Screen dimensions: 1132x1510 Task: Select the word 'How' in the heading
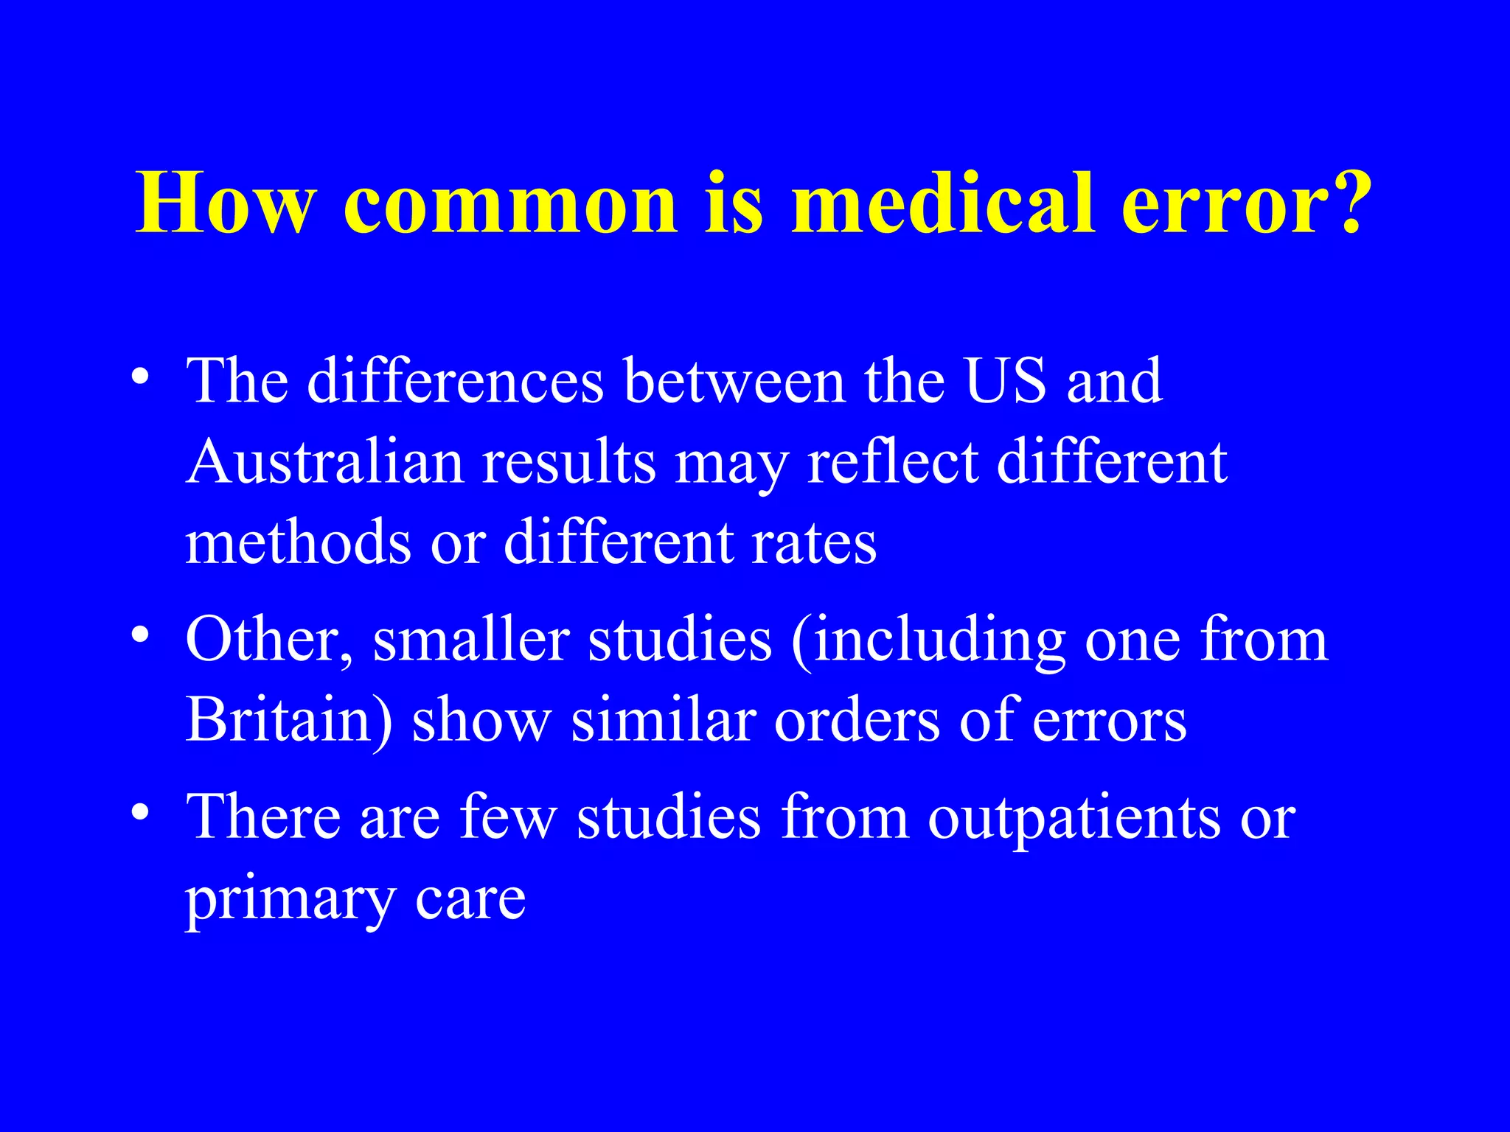pyautogui.click(x=226, y=203)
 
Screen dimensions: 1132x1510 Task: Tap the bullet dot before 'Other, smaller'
pyautogui.click(x=141, y=634)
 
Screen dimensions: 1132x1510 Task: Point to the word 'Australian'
pyautogui.click(x=325, y=463)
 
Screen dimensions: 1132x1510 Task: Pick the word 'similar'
pyautogui.click(x=664, y=721)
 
